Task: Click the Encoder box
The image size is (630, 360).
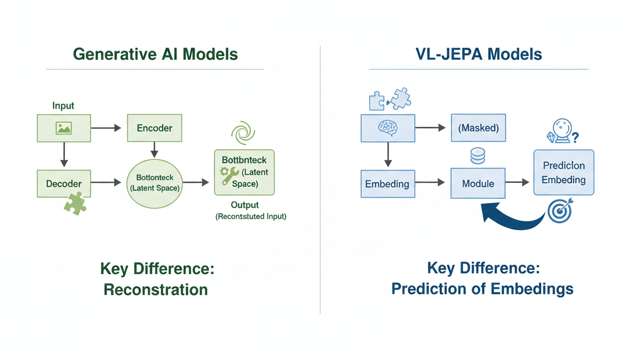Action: [154, 128]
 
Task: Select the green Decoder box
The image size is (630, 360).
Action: [64, 183]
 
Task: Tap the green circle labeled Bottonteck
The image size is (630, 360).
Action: [155, 183]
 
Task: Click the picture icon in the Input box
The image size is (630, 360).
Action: [63, 128]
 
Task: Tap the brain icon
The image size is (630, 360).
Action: [388, 127]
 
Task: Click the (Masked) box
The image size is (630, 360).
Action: [478, 127]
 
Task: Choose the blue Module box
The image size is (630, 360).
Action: [478, 183]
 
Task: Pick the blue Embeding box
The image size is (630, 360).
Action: [388, 183]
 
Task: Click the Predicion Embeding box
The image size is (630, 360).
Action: [564, 172]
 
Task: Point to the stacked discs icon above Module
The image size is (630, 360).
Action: [478, 156]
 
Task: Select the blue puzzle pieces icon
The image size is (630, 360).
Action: [390, 99]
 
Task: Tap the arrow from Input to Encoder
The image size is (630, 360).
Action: [105, 128]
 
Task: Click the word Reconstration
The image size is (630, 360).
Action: [156, 289]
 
